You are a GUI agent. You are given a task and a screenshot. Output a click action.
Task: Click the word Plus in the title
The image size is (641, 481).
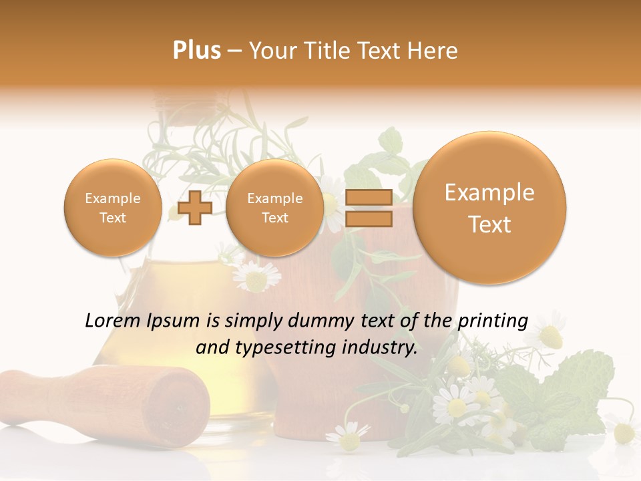pyautogui.click(x=196, y=50)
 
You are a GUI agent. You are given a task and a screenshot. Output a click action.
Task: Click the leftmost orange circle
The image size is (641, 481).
pyautogui.click(x=112, y=208)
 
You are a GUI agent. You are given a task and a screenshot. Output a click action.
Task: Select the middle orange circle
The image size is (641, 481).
pyautogui.click(x=274, y=208)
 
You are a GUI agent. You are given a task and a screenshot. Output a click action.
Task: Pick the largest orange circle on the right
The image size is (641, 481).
pyautogui.click(x=489, y=208)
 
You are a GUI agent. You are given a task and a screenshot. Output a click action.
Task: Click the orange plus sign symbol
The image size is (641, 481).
pyautogui.click(x=195, y=208)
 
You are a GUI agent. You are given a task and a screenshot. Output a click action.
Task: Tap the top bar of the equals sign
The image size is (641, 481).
pyautogui.click(x=368, y=197)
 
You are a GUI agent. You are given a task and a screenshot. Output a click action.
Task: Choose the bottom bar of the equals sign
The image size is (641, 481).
pyautogui.click(x=368, y=219)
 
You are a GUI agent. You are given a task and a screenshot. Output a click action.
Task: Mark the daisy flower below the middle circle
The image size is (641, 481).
pyautogui.click(x=256, y=276)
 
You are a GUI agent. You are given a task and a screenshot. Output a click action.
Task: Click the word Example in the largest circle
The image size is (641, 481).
pyautogui.click(x=489, y=192)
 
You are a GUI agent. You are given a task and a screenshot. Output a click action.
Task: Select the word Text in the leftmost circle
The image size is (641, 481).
pyautogui.click(x=112, y=218)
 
